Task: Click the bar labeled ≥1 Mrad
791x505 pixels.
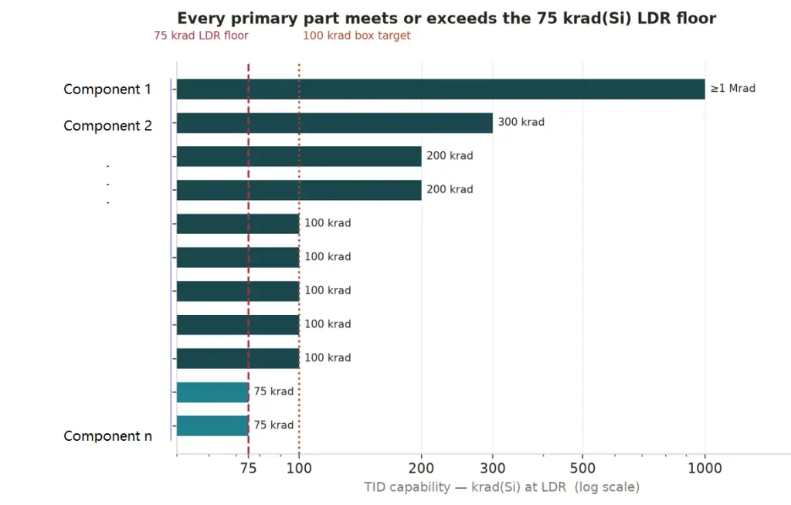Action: click(440, 89)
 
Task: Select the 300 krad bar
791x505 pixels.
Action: click(334, 123)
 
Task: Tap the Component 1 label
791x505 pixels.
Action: click(107, 90)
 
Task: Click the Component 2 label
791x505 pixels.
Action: click(107, 126)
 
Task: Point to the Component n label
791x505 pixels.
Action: click(107, 436)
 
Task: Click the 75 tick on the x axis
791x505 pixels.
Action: click(248, 468)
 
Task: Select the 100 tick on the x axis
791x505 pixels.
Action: click(299, 468)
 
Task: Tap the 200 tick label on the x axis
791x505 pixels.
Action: click(421, 468)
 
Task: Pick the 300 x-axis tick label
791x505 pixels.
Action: click(492, 468)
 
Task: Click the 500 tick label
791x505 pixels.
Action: click(582, 468)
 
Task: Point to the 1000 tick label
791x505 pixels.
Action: click(704, 468)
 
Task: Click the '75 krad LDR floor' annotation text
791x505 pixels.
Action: click(202, 36)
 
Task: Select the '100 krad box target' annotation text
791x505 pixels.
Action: click(357, 36)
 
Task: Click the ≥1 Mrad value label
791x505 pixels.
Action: click(733, 88)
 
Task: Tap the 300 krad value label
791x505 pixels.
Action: click(521, 122)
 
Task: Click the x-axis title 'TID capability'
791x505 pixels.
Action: click(407, 486)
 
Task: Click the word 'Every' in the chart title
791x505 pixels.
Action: click(200, 19)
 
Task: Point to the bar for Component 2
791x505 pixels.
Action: click(334, 123)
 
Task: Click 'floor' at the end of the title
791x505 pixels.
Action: click(696, 19)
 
